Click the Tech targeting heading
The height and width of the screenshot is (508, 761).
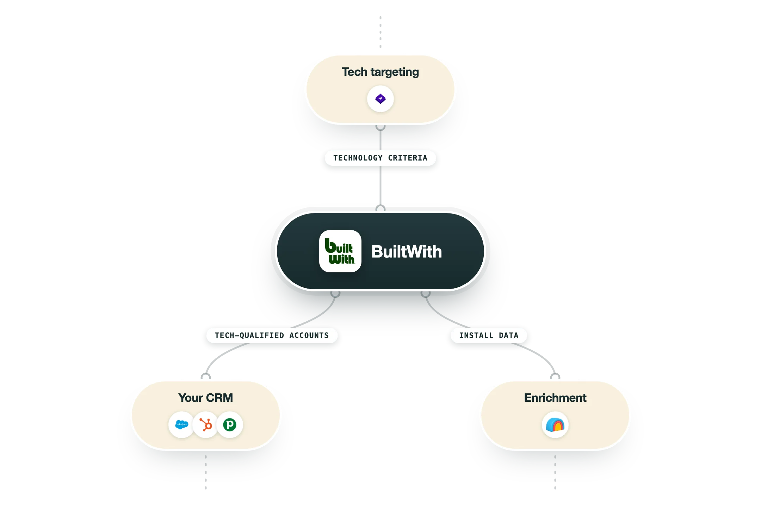(380, 72)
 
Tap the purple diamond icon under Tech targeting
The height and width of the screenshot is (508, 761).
(380, 99)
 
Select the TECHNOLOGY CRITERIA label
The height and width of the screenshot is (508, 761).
(380, 158)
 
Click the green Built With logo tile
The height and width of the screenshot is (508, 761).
(340, 251)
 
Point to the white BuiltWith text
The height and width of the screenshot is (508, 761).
(407, 252)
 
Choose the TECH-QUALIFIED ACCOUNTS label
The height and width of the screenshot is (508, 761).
(272, 335)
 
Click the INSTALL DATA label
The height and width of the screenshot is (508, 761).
(489, 335)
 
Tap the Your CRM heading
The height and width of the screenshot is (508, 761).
(206, 398)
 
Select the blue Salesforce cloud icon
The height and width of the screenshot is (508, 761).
(182, 424)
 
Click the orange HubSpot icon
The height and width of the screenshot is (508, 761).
(206, 424)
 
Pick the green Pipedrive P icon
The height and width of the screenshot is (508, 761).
(230, 424)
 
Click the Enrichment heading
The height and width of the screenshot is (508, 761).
(555, 398)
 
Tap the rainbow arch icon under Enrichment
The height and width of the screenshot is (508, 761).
(555, 425)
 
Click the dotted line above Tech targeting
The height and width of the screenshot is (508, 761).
(380, 32)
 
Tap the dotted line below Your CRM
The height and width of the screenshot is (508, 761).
(206, 472)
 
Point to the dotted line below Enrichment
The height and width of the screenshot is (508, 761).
(555, 472)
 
